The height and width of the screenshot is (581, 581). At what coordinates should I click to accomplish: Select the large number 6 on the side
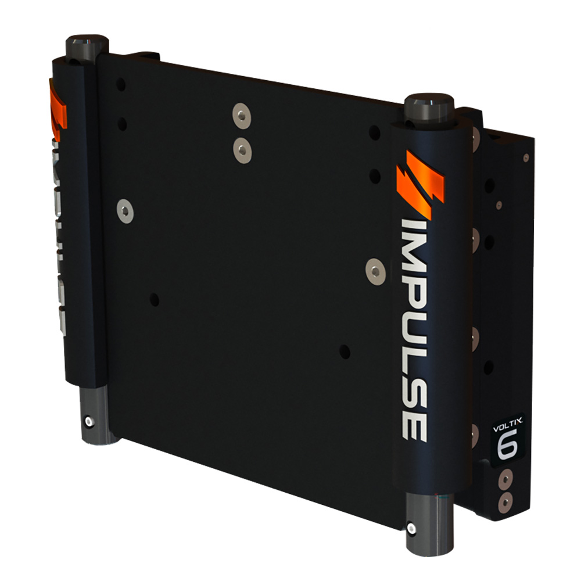tap(505, 445)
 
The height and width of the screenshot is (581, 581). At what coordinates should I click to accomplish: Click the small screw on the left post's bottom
tap(88, 421)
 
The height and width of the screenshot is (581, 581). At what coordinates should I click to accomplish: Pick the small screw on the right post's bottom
tap(411, 528)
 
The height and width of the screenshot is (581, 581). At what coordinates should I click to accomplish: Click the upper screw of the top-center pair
tap(241, 114)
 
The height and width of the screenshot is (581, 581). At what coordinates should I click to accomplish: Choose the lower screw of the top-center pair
tap(242, 150)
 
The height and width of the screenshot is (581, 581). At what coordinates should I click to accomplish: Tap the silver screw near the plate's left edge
tap(124, 210)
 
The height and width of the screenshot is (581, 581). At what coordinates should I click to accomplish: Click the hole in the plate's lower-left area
tap(154, 300)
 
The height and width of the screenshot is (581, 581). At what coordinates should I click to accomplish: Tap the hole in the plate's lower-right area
tap(345, 352)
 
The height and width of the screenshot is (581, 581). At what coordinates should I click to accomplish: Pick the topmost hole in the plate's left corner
tap(121, 85)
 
